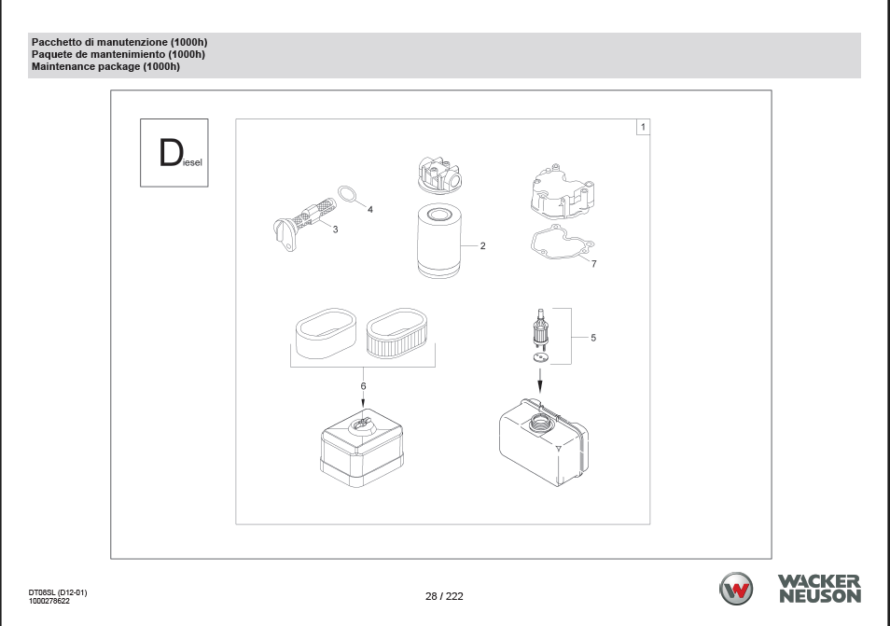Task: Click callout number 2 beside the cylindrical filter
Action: pyautogui.click(x=482, y=245)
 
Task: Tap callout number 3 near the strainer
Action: pyautogui.click(x=335, y=230)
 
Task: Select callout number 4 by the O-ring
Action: pyautogui.click(x=370, y=209)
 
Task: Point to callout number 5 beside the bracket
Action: pyautogui.click(x=593, y=338)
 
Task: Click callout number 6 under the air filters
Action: pyautogui.click(x=363, y=386)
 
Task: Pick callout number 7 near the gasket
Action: pyautogui.click(x=593, y=264)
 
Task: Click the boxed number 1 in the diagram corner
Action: pyautogui.click(x=643, y=127)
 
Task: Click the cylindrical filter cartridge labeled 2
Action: pyautogui.click(x=438, y=242)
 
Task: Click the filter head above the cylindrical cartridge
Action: pyautogui.click(x=438, y=174)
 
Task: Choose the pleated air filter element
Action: pyautogui.click(x=396, y=334)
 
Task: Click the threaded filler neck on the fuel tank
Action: pyautogui.click(x=537, y=423)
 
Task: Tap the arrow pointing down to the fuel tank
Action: pyautogui.click(x=540, y=381)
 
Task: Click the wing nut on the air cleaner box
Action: pyautogui.click(x=362, y=424)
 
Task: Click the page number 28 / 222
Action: pyautogui.click(x=444, y=596)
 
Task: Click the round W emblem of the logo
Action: pyautogui.click(x=736, y=589)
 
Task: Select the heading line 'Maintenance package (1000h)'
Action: pyautogui.click(x=105, y=66)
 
